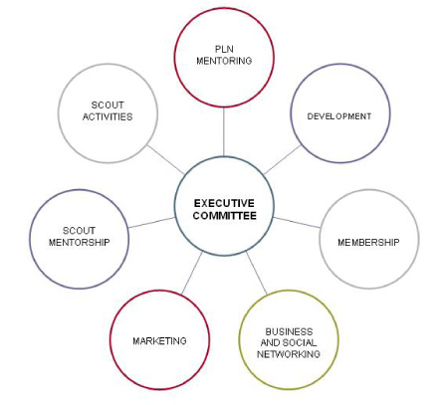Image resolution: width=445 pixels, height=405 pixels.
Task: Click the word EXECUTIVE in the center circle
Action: tap(224, 203)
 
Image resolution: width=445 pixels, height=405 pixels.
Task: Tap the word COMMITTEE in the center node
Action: tap(225, 216)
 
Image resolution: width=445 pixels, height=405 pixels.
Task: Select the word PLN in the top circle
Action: tap(224, 49)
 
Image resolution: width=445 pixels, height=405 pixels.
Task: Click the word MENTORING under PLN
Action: tap(224, 61)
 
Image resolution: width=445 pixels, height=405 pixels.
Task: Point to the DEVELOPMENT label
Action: tap(339, 116)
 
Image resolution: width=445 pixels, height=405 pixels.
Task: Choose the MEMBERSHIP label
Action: tap(368, 243)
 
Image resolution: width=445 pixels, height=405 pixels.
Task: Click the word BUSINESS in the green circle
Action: tap(289, 331)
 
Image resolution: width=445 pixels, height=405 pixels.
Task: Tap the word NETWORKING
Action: tap(289, 354)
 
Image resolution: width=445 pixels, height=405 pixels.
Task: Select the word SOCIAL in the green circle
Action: tap(299, 342)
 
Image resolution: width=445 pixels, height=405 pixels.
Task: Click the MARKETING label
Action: tap(159, 341)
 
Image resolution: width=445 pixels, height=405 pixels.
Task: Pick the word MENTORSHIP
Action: tap(80, 243)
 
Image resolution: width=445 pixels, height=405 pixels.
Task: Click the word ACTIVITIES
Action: tap(108, 116)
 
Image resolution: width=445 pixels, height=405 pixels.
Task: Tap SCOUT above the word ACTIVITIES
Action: tap(108, 105)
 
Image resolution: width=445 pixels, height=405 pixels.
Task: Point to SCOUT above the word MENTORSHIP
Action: tap(79, 231)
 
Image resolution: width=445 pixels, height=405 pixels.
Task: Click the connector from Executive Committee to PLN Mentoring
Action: tap(224, 131)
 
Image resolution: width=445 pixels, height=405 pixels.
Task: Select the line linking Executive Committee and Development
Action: tap(283, 160)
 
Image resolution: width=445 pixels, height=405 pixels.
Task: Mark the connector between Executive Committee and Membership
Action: tap(297, 223)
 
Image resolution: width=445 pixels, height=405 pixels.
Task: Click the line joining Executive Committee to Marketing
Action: tap(192, 273)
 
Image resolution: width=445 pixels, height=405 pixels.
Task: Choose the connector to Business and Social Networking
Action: tap(257, 273)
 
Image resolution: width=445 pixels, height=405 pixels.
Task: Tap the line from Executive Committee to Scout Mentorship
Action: tap(151, 223)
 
